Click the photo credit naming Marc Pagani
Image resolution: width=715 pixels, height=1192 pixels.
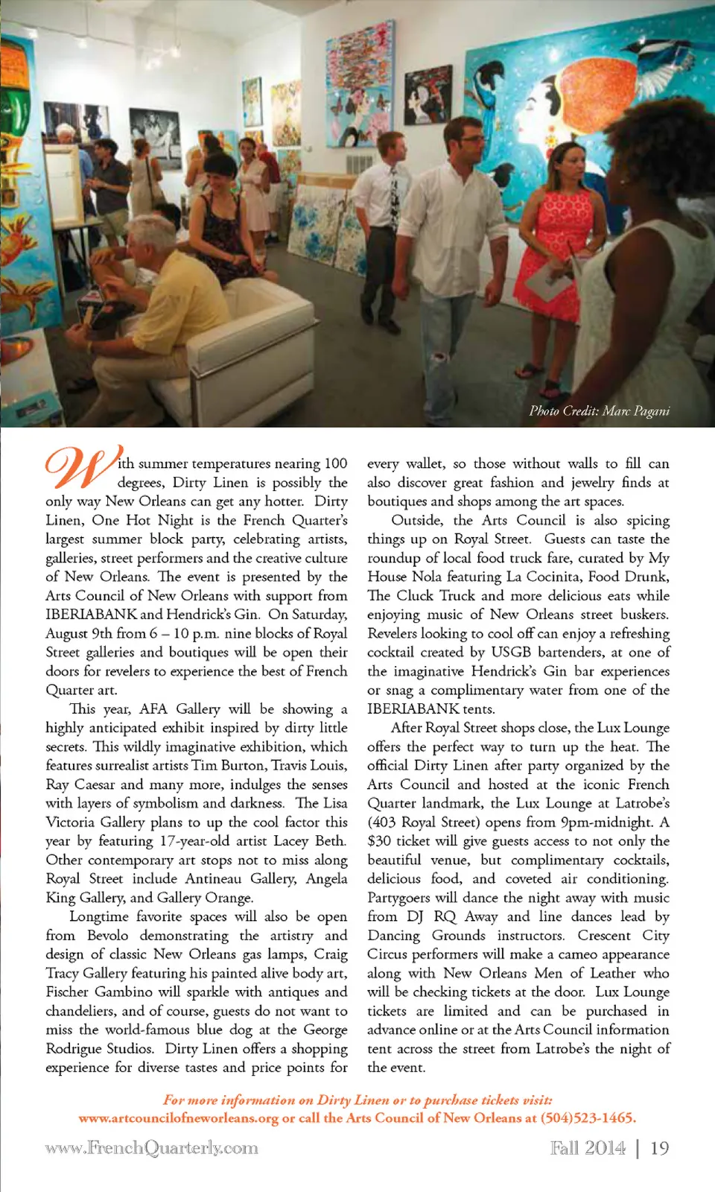coord(599,410)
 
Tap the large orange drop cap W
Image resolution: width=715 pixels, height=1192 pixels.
coord(80,467)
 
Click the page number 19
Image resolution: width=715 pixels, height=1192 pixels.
coord(659,1148)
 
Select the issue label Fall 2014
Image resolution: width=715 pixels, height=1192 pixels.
coord(588,1148)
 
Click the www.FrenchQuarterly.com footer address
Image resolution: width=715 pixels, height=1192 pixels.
coord(151,1148)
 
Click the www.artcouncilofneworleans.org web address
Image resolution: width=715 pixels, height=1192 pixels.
coord(178,1118)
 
